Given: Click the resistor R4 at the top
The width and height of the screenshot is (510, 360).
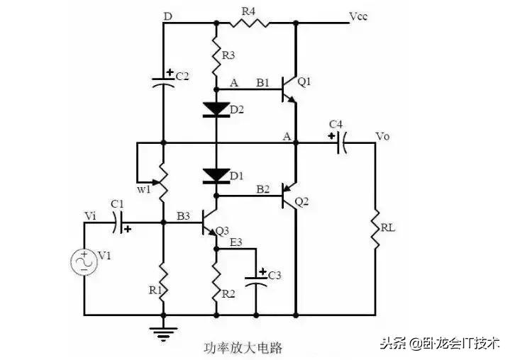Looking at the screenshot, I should (x=248, y=23).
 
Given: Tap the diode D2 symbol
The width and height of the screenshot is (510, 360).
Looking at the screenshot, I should (x=216, y=108).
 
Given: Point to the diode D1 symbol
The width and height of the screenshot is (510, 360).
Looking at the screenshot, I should (x=216, y=174).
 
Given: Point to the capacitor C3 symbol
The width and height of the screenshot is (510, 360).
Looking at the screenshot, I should (x=257, y=281).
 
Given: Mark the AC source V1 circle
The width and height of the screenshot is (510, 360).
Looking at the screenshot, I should (x=84, y=262).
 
